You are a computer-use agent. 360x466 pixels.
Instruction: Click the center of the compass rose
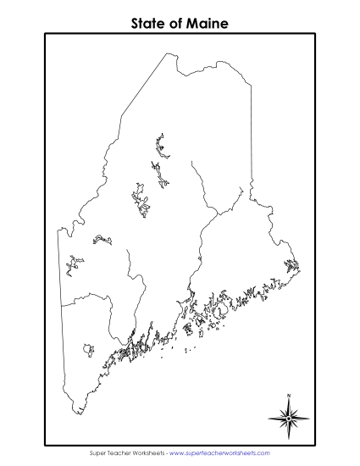pos(289,416)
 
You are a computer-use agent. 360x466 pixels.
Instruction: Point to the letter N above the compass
pos(289,396)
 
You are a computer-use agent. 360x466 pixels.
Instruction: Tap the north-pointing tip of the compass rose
pos(289,400)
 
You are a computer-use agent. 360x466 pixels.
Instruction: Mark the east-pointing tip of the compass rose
pos(308,416)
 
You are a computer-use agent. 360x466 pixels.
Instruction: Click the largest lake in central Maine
pos(141,202)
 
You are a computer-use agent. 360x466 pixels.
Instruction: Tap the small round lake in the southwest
pos(88,348)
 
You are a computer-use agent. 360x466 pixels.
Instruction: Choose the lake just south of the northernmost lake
pos(163,176)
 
